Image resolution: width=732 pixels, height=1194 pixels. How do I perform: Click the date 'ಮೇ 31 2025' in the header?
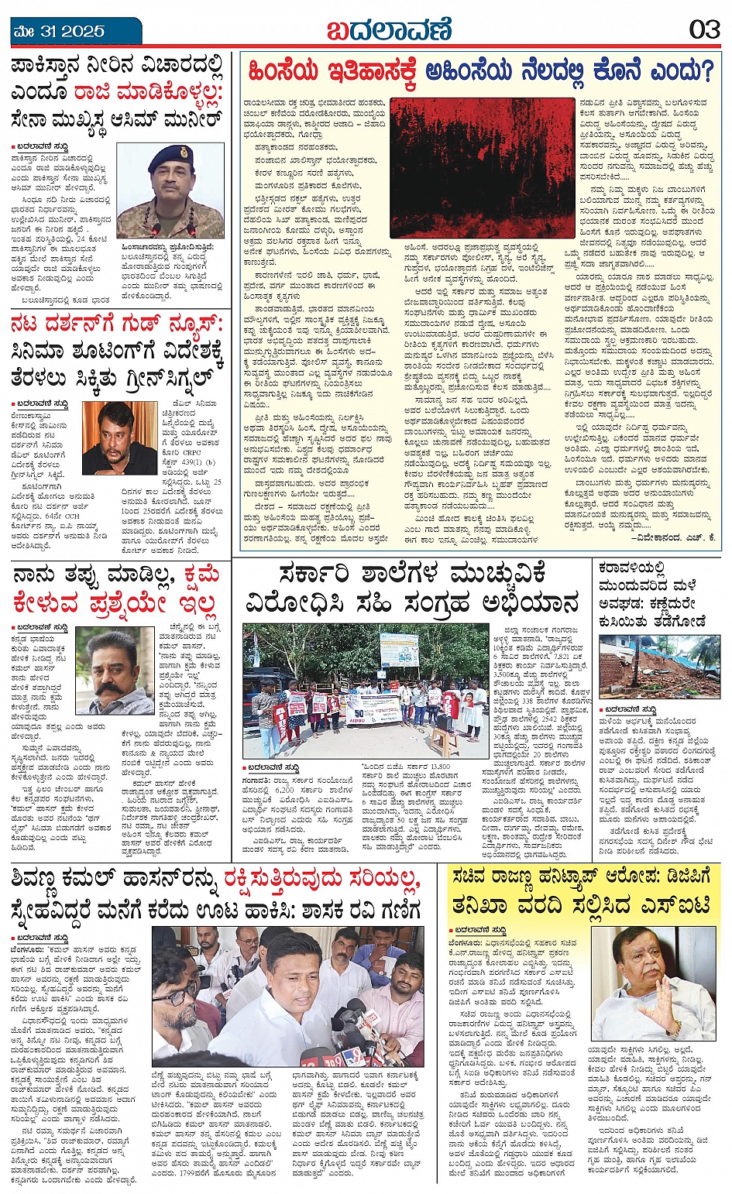click(x=59, y=31)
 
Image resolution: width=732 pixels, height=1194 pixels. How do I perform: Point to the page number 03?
click(x=704, y=30)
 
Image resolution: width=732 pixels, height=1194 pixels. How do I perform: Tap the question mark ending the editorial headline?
click(x=702, y=72)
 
